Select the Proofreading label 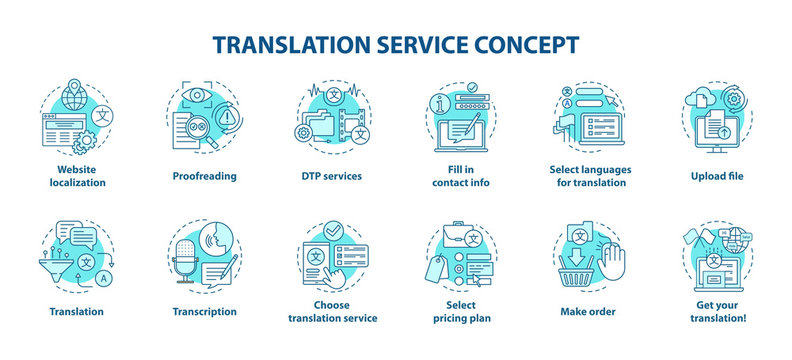204,176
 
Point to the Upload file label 715,176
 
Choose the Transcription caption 204,311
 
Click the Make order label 587,311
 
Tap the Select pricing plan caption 460,311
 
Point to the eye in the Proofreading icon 196,95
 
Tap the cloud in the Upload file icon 697,100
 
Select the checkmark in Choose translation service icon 334,230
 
